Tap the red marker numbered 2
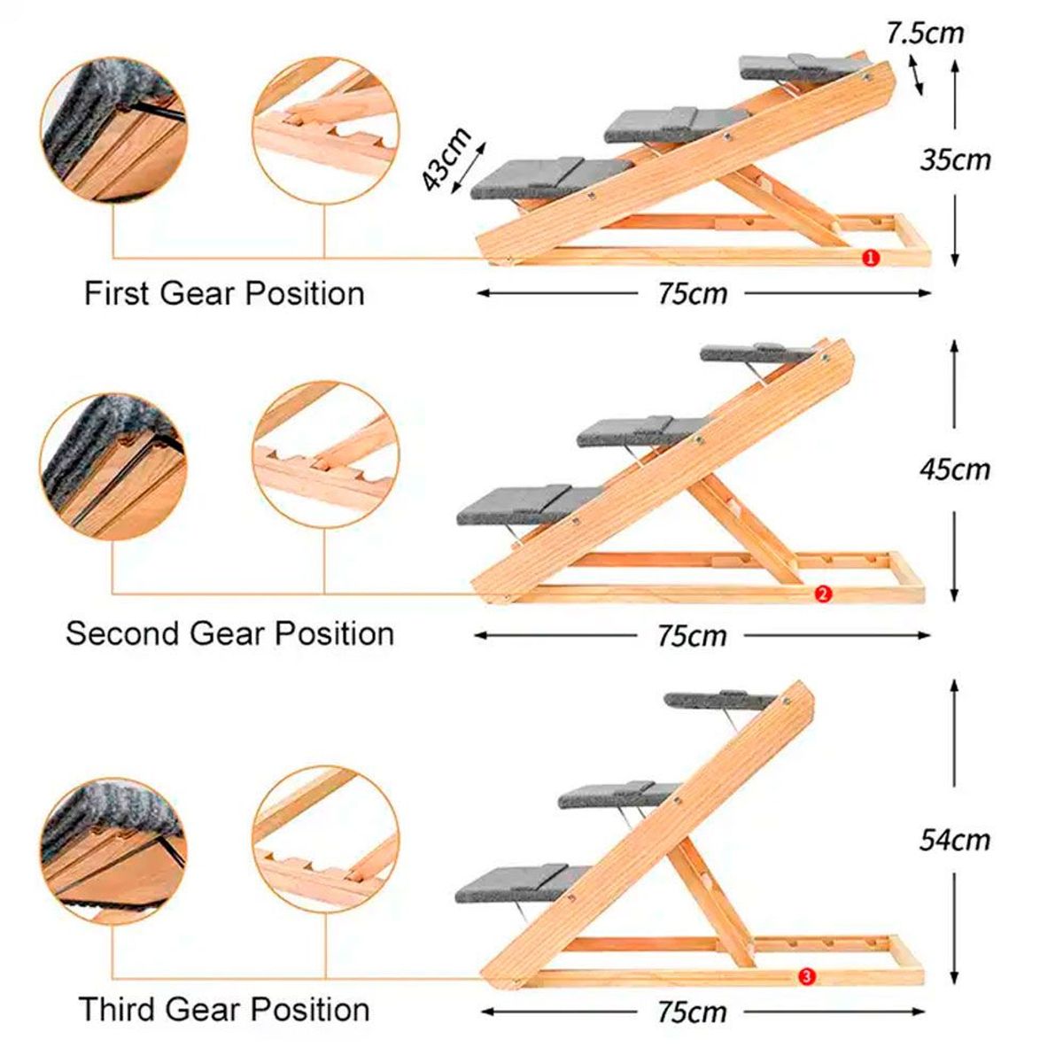[822, 594]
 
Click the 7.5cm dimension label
[925, 33]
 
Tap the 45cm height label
[955, 469]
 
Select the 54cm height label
[954, 839]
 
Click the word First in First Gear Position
[118, 293]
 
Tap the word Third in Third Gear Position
[117, 1009]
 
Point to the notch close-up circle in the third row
[325, 837]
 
